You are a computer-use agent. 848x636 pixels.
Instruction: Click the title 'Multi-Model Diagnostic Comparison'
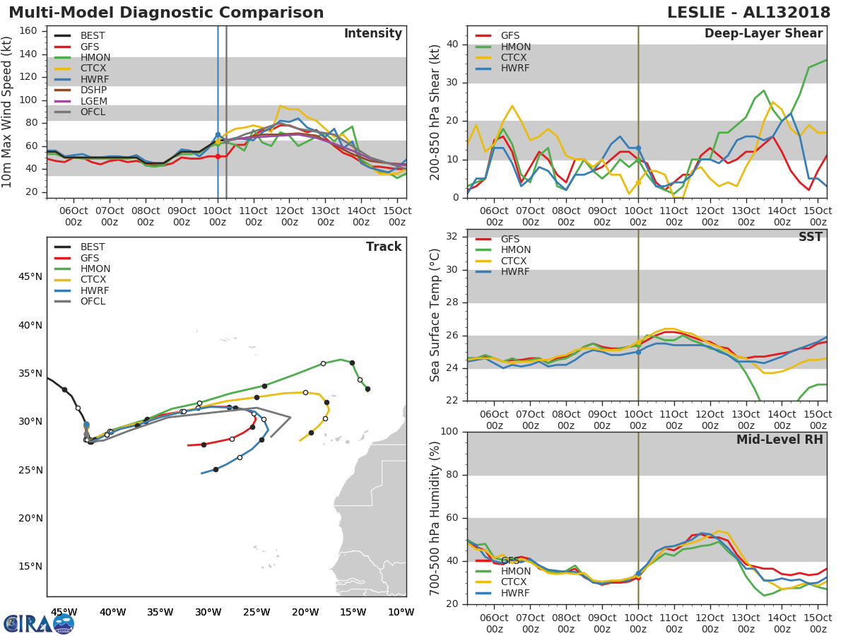click(x=166, y=13)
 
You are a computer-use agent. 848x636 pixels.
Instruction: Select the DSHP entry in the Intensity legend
click(x=95, y=90)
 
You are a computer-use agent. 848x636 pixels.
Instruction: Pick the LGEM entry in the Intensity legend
click(x=94, y=101)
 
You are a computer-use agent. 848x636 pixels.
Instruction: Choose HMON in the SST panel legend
click(x=515, y=250)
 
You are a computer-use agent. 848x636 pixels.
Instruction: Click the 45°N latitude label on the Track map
click(x=30, y=276)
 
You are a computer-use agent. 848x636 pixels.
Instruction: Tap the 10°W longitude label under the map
click(x=401, y=612)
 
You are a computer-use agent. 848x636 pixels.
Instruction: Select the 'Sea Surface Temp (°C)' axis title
click(x=435, y=314)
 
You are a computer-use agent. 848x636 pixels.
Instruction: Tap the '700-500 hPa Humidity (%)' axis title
click(x=435, y=518)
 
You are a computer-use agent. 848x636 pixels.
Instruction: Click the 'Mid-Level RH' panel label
click(x=779, y=440)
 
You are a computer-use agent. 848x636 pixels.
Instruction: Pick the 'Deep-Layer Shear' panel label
click(x=763, y=34)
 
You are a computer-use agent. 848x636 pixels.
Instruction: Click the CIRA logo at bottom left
click(x=39, y=623)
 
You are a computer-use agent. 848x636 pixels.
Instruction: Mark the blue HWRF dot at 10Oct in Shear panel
click(x=638, y=148)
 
